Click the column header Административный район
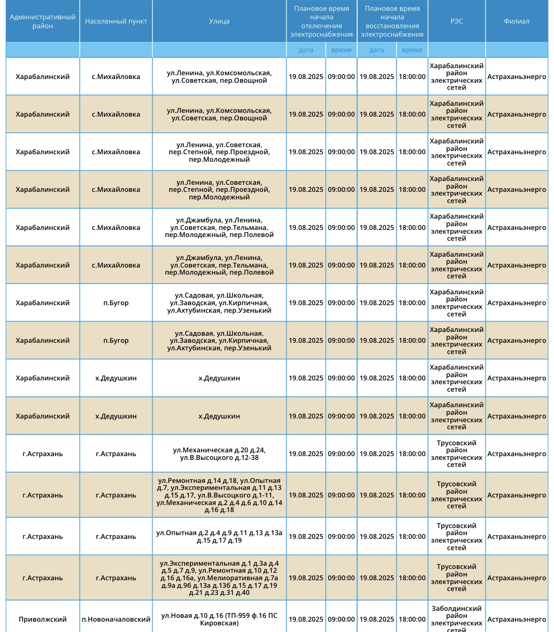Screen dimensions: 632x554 point(42,21)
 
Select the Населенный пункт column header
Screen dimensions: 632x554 point(116,21)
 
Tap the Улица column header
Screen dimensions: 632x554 point(219,21)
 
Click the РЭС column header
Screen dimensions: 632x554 point(456,21)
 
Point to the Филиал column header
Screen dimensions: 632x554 point(516,21)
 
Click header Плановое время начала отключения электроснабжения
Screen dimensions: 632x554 point(321,21)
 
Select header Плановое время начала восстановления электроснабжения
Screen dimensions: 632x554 point(392,21)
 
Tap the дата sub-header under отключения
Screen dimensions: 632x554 point(305,50)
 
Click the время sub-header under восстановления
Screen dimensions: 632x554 point(412,50)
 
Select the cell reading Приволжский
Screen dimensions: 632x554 point(42,619)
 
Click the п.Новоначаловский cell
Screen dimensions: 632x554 point(116,619)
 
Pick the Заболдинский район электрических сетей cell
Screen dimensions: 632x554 point(456,619)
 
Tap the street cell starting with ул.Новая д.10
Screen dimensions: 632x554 point(219,619)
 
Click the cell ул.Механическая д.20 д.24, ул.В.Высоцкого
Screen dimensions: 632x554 point(219,454)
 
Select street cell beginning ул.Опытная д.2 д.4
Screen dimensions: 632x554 point(219,537)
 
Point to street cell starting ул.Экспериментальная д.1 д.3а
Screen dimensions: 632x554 point(219,578)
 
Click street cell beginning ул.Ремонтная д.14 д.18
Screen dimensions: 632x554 point(219,495)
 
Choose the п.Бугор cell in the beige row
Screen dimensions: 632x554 point(116,340)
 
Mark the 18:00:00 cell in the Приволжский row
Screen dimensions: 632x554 point(412,619)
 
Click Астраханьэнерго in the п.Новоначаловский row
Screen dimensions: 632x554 point(516,619)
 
